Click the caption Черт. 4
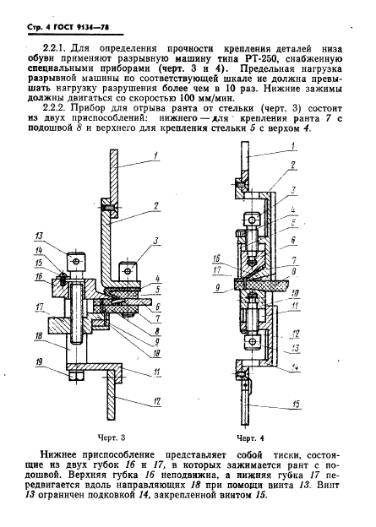tap(250, 438)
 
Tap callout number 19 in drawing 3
tap(39, 362)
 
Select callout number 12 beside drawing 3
tap(156, 401)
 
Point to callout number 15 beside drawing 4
tap(296, 404)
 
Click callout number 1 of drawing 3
tap(155, 155)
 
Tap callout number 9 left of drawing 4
tap(218, 288)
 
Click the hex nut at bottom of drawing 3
tap(77, 376)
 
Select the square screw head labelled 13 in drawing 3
tap(76, 261)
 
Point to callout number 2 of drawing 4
tap(292, 165)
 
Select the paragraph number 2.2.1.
tap(55, 49)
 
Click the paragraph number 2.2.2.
tap(55, 109)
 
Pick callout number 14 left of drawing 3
tap(40, 250)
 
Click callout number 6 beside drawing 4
tap(293, 241)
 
